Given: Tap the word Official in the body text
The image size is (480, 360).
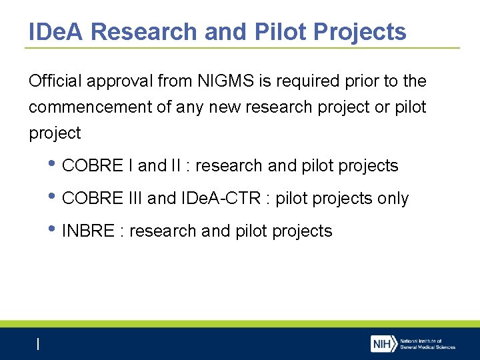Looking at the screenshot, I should click(53, 81).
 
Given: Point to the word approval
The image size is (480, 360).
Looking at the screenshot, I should click(118, 81).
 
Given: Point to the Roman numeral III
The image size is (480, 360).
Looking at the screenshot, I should click(133, 199).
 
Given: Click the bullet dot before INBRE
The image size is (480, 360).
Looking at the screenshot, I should click(53, 230).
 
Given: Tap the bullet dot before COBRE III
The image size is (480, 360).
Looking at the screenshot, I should click(53, 197).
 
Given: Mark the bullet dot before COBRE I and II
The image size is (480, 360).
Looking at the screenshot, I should click(53, 165).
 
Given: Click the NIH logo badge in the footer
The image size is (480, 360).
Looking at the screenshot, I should click(383, 344).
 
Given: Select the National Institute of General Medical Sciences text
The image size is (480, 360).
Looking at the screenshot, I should click(427, 344).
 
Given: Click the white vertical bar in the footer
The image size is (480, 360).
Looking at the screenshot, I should click(38, 344).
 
